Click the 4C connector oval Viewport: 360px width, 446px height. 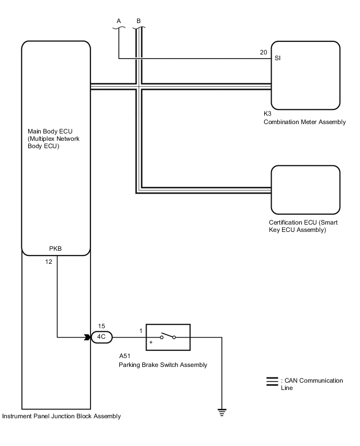pos(102,337)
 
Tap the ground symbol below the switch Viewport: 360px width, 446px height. pos(222,412)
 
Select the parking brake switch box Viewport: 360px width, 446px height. pos(168,337)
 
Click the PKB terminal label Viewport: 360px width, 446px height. pos(55,249)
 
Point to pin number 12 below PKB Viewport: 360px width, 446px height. pos(49,262)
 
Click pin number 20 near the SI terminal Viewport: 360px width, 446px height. pos(264,52)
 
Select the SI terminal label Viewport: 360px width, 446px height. pos(277,58)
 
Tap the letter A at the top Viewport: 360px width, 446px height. pos(119,21)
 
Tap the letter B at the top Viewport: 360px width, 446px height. pos(139,21)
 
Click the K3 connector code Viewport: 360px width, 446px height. pos(267,114)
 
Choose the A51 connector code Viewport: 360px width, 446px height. pos(125,356)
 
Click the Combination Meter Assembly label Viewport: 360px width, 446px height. pos(305,122)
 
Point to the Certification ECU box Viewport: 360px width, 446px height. pos(306,190)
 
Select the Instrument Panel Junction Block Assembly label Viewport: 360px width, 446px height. pos(61,416)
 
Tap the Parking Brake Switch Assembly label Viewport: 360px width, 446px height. pos(163,365)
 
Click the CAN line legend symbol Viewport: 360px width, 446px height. pos(272,382)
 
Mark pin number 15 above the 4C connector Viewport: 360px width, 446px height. pos(102,326)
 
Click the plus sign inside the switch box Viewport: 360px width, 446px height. pos(151,342)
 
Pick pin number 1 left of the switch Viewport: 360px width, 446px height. pos(141,331)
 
